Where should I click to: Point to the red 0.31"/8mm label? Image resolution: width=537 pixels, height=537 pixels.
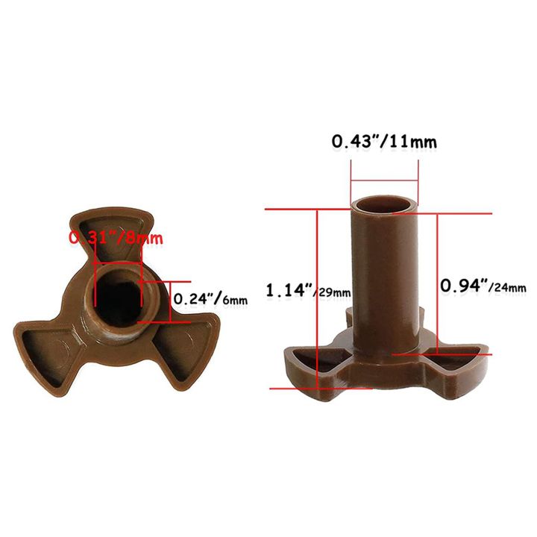(x=116, y=239)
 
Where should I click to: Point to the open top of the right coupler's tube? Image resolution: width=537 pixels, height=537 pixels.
(x=383, y=204)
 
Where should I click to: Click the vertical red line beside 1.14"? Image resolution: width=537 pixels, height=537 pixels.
(x=318, y=298)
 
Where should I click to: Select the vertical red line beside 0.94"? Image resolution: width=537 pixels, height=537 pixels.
(x=437, y=283)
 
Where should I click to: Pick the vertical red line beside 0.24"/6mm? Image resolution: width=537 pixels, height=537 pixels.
(x=170, y=301)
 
